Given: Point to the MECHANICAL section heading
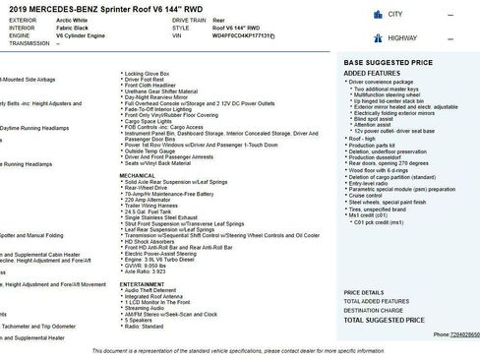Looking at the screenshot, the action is [x=138, y=175].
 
